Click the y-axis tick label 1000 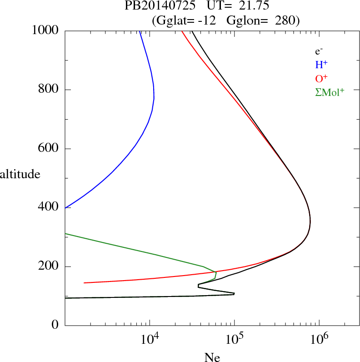[x=46, y=30]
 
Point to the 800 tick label [x=49, y=90]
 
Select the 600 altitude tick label [x=49, y=149]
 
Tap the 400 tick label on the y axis [x=49, y=207]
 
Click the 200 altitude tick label [x=49, y=266]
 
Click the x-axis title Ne [x=212, y=357]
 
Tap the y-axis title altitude [x=20, y=174]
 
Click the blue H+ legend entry [x=321, y=65]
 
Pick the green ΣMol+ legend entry [x=330, y=92]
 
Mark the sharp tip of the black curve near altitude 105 [x=234, y=294]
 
